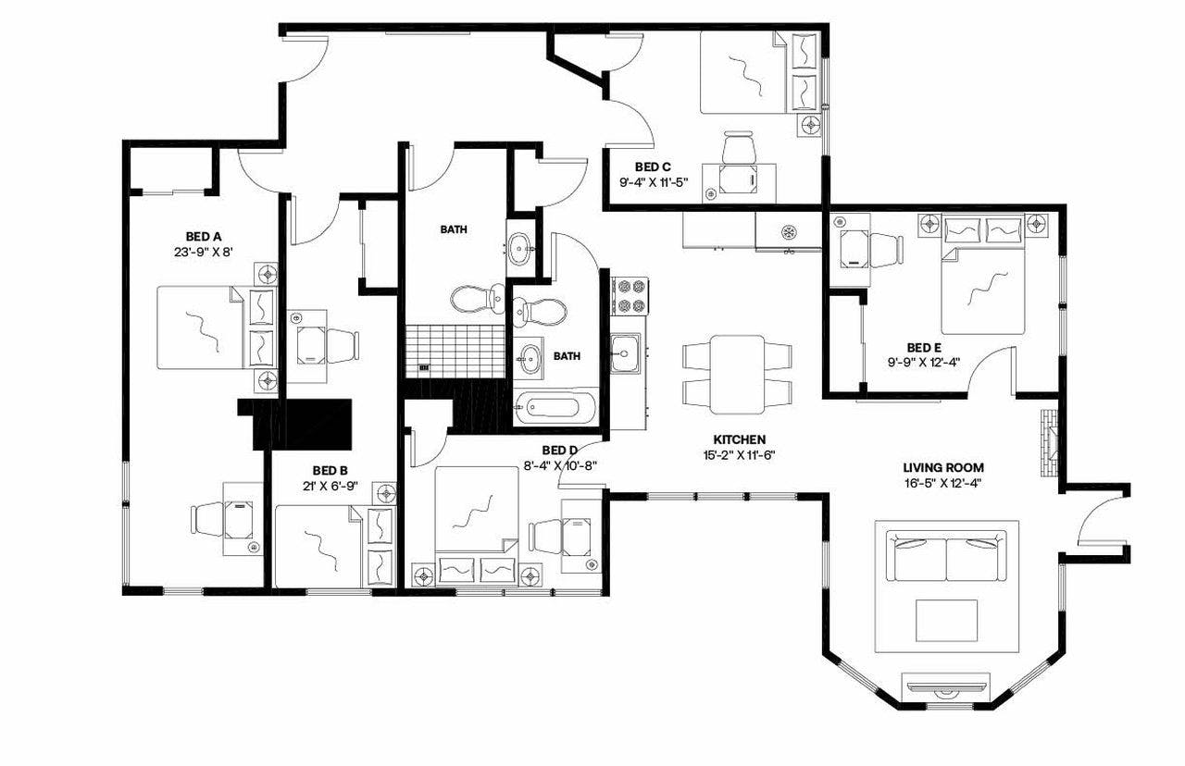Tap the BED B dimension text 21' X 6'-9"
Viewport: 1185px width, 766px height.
[x=330, y=485]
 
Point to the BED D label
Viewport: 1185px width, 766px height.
[x=559, y=451]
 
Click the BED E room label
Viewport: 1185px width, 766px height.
[x=924, y=348]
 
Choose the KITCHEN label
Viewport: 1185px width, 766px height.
[x=738, y=439]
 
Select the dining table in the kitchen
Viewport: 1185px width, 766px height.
[x=737, y=375]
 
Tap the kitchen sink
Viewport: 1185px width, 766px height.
[x=625, y=352]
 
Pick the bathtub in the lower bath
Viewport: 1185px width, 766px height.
[x=555, y=407]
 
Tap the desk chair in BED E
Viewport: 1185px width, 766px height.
[x=885, y=249]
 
